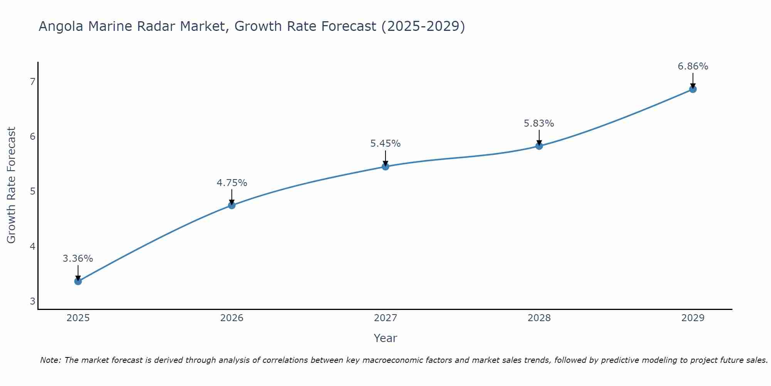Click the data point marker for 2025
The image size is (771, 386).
[78, 281]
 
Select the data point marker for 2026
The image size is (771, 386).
[232, 205]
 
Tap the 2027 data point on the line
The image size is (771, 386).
[385, 167]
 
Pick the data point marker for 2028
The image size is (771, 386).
[539, 146]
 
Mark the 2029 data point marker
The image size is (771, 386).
[693, 90]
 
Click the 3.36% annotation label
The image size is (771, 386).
[78, 259]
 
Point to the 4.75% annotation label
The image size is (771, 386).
[232, 183]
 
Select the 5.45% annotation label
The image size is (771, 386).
[385, 144]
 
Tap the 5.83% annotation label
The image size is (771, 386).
[539, 124]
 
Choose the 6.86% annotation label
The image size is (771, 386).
[693, 66]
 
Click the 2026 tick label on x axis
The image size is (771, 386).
[232, 318]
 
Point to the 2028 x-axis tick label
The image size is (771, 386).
[539, 318]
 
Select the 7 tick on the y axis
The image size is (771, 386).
[32, 81]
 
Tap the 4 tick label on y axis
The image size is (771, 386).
[32, 246]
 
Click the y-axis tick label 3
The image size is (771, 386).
[32, 301]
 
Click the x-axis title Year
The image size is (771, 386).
[385, 338]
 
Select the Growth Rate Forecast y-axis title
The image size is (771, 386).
[12, 185]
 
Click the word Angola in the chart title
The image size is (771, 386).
[61, 27]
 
